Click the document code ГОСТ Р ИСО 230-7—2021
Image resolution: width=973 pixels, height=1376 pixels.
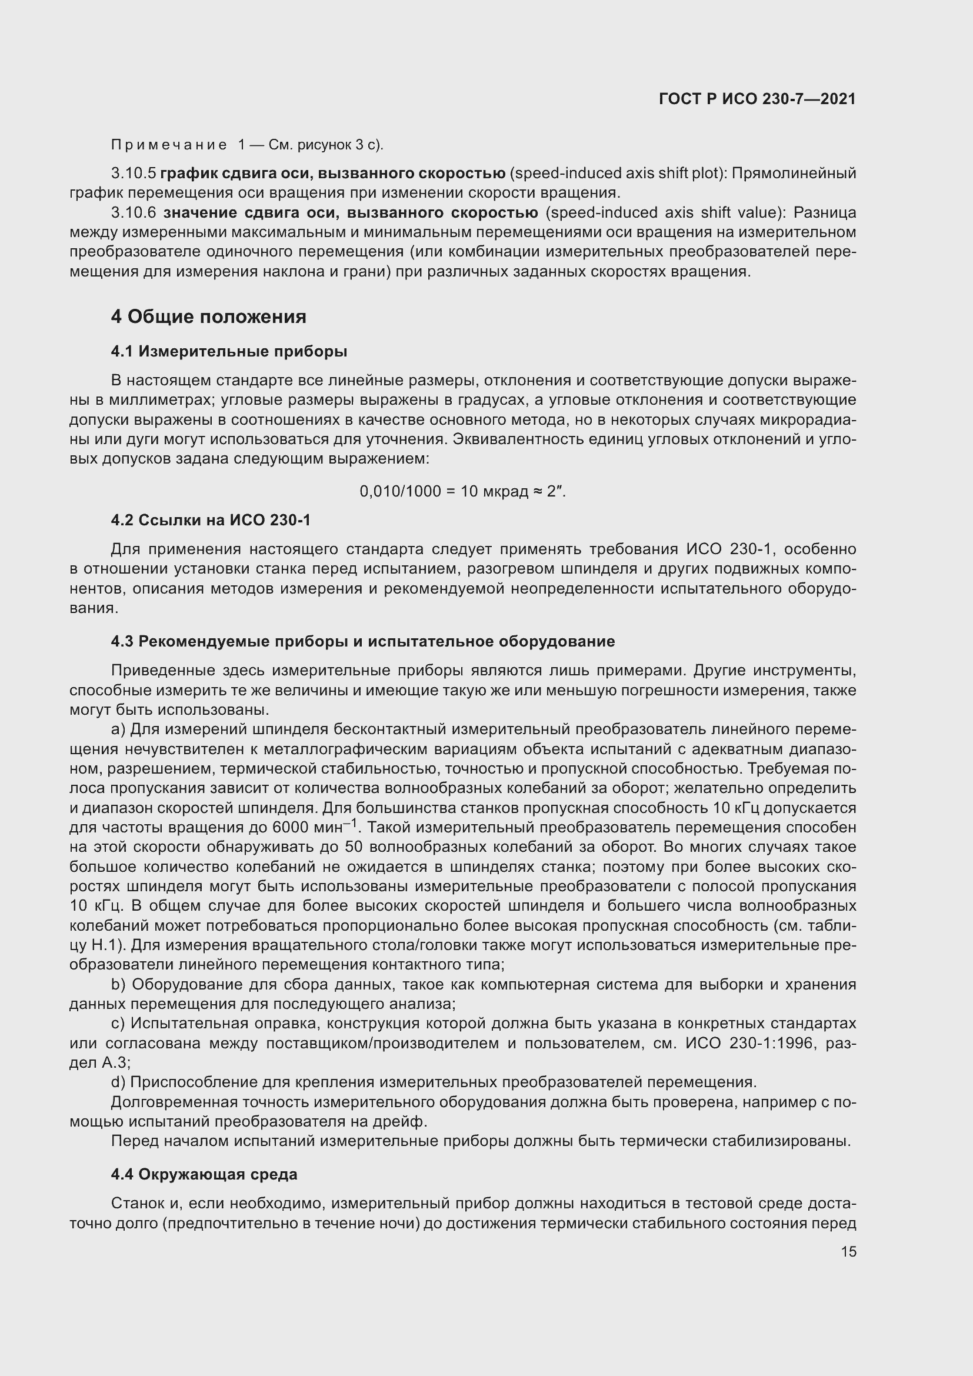757,99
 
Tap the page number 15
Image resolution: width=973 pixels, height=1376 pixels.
848,1251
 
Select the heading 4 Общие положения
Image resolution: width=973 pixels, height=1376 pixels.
208,316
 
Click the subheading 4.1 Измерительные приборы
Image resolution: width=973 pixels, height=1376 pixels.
229,352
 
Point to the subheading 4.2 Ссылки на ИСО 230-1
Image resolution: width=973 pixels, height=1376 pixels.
211,520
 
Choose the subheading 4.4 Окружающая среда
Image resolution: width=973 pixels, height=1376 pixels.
204,1174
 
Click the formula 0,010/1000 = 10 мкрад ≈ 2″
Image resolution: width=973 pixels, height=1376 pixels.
462,491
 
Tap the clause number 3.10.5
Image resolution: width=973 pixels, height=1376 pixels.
133,174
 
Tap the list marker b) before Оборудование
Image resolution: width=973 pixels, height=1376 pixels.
118,985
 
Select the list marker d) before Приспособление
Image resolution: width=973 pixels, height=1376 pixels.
118,1082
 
